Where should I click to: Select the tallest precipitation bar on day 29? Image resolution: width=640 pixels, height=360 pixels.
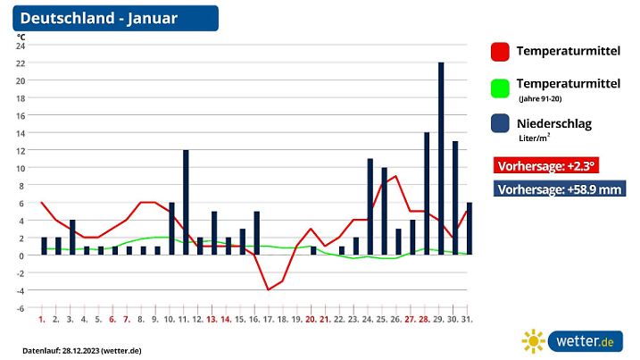(441, 159)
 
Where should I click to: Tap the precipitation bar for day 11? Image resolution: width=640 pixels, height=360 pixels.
(186, 202)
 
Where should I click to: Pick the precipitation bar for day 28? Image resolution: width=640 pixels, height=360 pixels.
(427, 193)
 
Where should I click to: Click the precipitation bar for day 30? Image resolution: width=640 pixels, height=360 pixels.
(455, 197)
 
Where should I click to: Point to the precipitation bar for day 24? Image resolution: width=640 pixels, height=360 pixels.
(370, 206)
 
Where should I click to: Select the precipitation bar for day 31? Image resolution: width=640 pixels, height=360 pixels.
(470, 229)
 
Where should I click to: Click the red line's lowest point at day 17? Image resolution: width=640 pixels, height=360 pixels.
(269, 289)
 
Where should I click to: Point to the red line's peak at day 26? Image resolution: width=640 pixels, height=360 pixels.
(396, 176)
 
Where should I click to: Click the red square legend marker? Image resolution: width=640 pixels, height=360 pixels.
(500, 52)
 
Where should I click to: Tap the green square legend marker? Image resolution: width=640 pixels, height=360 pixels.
(500, 88)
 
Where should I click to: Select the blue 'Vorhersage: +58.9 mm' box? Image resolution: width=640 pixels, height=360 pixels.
(560, 188)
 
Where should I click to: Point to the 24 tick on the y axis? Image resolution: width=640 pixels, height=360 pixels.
(21, 46)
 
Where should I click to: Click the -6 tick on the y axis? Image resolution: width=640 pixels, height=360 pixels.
(21, 308)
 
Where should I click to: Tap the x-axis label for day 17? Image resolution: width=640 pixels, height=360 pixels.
(269, 319)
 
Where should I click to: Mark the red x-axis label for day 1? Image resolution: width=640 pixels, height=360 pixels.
(42, 319)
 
